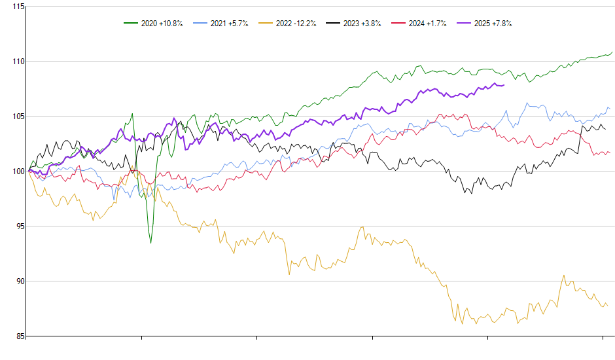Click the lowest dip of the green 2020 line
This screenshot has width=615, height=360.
(x=150, y=243)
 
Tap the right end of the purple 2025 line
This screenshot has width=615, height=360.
(x=504, y=85)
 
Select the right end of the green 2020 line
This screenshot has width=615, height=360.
(x=612, y=52)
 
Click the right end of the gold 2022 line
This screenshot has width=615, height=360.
(x=607, y=306)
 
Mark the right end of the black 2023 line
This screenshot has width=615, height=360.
(x=605, y=129)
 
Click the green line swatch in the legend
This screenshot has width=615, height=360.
(x=131, y=24)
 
